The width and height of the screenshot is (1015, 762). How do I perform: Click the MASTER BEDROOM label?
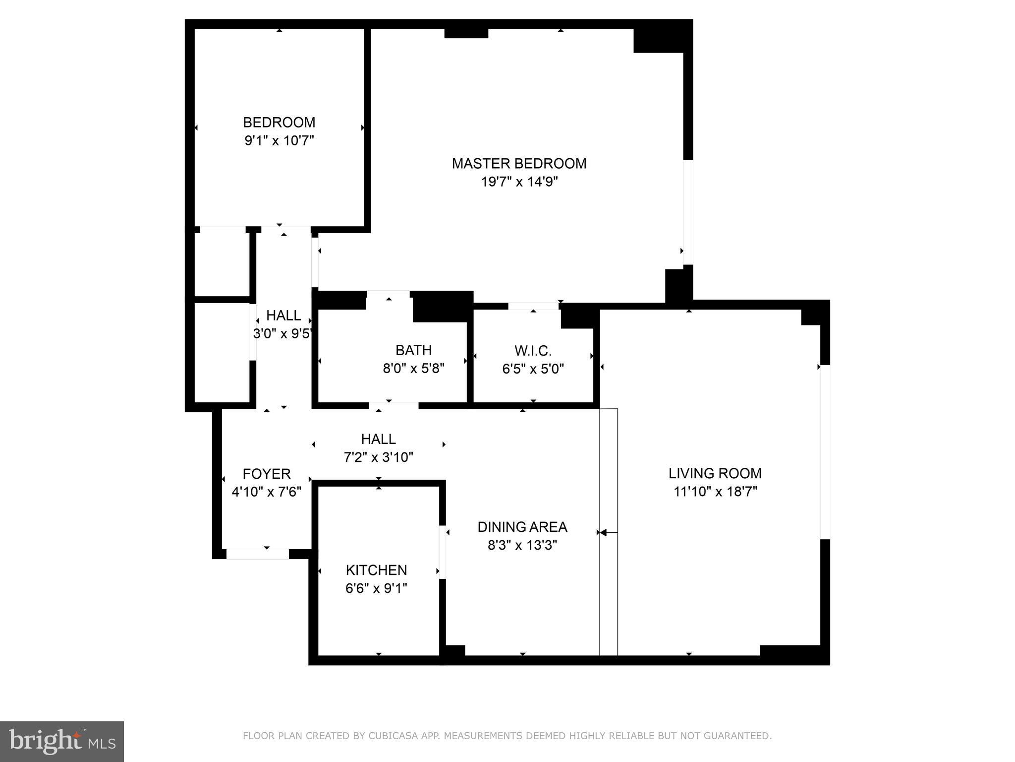[519, 163]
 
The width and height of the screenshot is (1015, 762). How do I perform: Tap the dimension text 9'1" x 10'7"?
[279, 141]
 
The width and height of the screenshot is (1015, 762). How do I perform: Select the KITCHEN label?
[376, 570]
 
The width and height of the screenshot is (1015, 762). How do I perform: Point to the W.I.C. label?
[533, 351]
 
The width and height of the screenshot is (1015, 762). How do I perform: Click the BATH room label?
[413, 350]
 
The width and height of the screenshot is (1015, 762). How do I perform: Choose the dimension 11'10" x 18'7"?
[715, 492]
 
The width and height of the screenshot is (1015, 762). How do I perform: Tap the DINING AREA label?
[522, 527]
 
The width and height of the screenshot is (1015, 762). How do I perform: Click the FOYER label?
[266, 474]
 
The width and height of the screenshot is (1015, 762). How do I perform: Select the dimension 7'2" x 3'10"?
[378, 457]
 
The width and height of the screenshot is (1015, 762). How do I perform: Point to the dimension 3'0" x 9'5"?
[282, 333]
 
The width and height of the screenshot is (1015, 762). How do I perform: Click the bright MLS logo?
[62, 741]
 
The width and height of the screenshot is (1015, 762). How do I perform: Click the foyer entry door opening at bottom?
[257, 554]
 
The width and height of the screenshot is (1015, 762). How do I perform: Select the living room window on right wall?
[825, 451]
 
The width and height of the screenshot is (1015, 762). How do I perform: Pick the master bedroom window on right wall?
[688, 212]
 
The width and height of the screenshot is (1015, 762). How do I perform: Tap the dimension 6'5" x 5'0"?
[533, 369]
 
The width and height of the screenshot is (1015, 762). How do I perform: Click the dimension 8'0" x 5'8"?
[413, 369]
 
